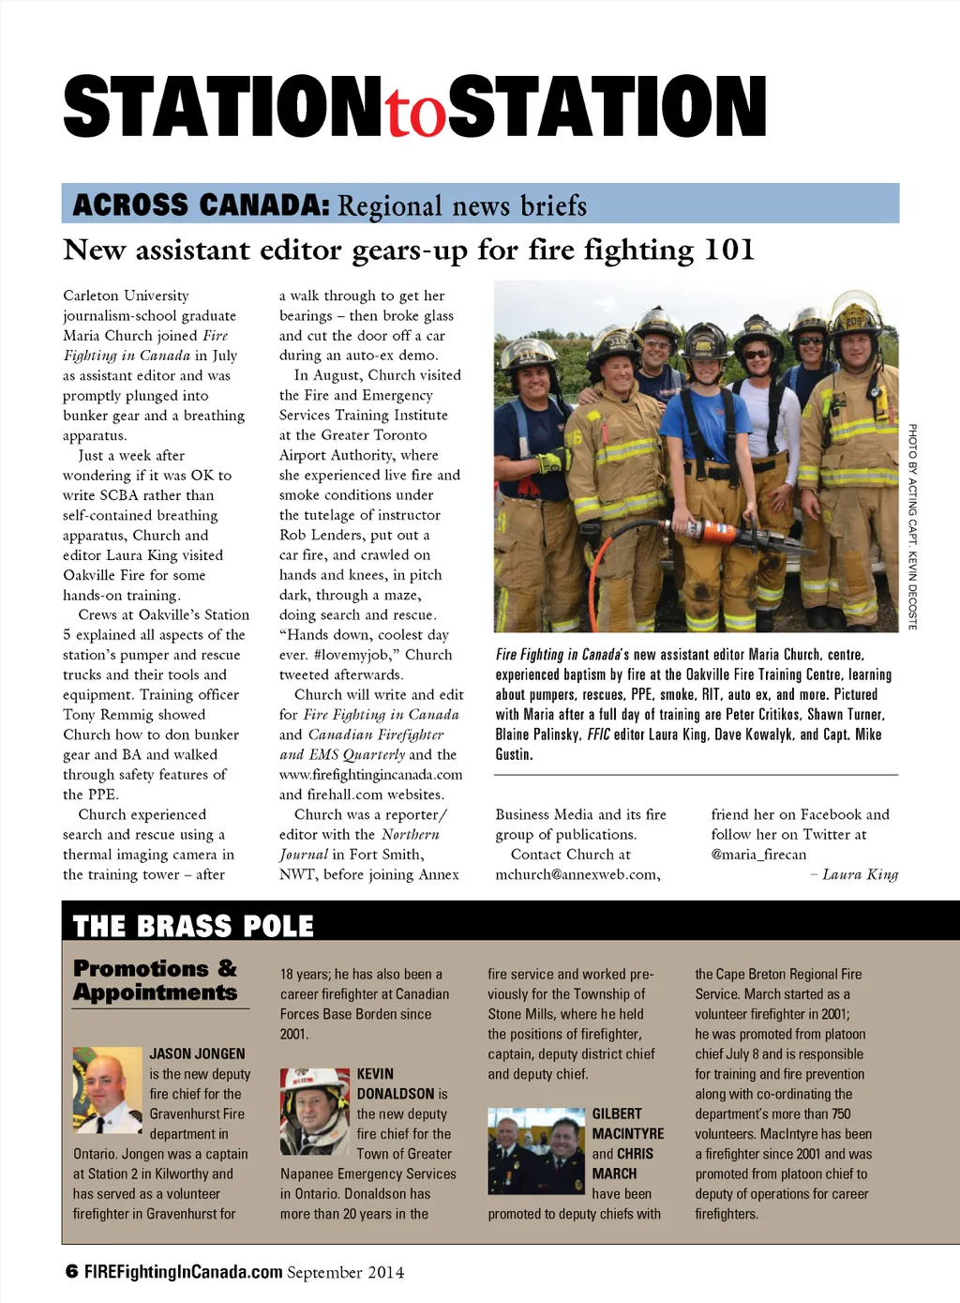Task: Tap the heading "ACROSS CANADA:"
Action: pos(200,204)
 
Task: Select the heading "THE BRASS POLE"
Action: pos(192,926)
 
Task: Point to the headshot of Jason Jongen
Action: pos(107,1090)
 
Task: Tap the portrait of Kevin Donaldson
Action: pos(314,1111)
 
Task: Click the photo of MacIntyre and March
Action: pos(536,1150)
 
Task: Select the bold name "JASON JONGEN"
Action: pos(197,1053)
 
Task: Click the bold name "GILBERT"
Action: pos(617,1114)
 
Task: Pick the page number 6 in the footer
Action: pos(71,1272)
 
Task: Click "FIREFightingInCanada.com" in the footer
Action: pos(184,1272)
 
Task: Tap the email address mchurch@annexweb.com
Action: pos(577,874)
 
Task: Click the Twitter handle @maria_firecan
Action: pos(758,855)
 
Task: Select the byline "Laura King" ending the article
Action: pos(860,874)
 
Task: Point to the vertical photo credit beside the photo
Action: pos(912,526)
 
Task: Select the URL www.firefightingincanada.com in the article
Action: pos(370,775)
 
